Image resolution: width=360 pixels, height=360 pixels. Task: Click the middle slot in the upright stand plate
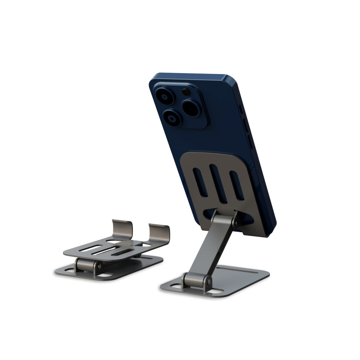point(218,182)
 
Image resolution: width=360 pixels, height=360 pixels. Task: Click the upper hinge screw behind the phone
point(236,222)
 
